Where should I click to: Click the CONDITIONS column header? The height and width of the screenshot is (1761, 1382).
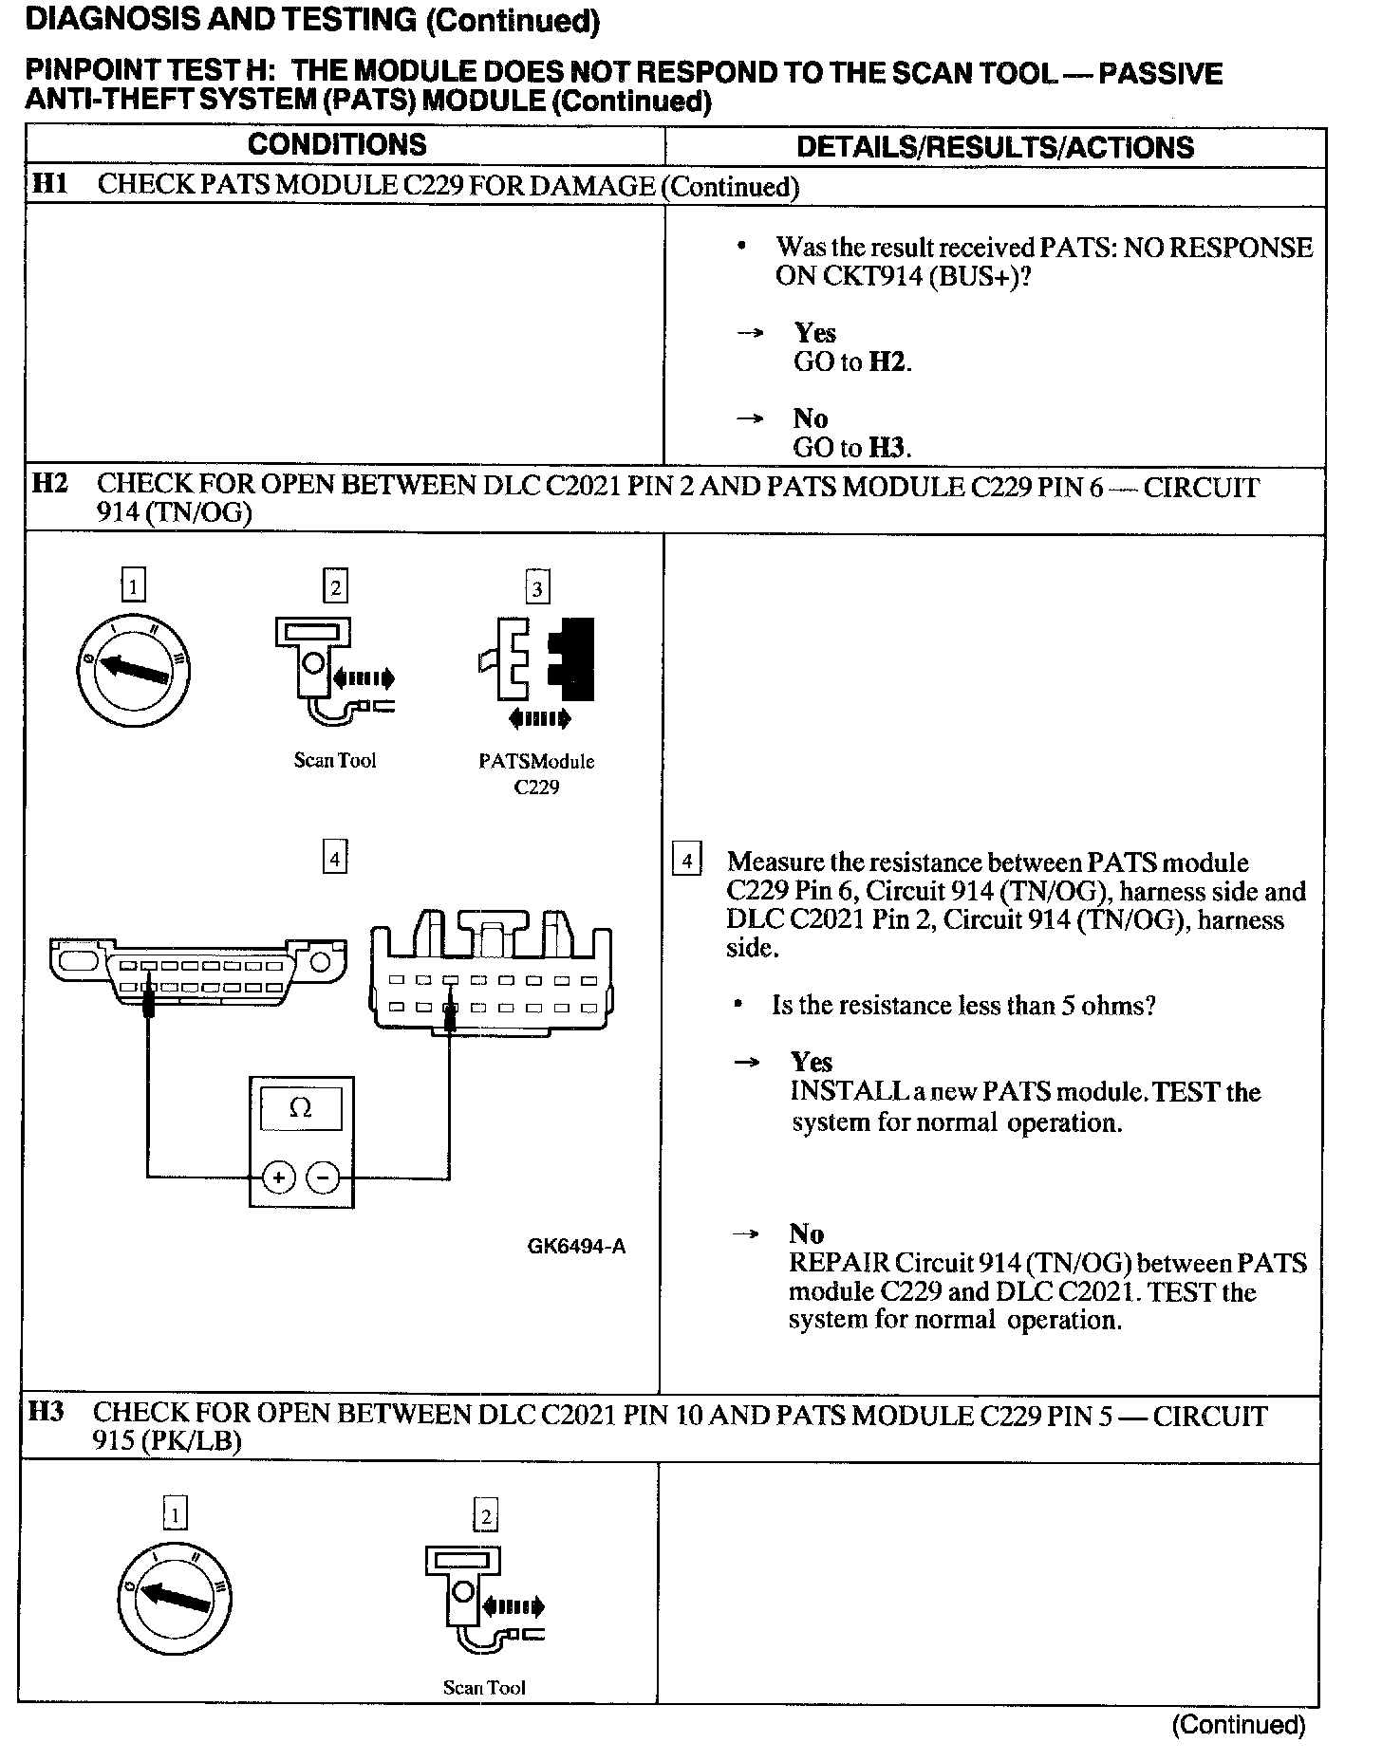[337, 145]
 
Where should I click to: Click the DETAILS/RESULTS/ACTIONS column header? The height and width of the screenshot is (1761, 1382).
[995, 147]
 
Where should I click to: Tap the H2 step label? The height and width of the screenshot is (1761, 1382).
[49, 483]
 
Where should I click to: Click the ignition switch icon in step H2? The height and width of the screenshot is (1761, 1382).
[133, 668]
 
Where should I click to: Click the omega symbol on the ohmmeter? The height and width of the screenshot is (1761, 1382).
[300, 1108]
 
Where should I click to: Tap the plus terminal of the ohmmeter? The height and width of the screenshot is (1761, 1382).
[279, 1178]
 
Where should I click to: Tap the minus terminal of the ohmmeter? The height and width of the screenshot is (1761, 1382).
[324, 1178]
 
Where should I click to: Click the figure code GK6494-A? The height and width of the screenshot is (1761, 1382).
[576, 1247]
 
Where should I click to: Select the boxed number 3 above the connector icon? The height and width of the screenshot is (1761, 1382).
[537, 587]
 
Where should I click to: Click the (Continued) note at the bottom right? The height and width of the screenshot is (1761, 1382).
[1239, 1724]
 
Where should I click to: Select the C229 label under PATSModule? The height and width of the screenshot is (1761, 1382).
[536, 787]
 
